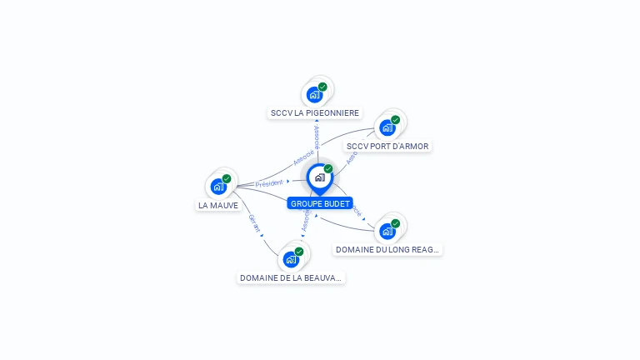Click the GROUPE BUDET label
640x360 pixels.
[x=320, y=203]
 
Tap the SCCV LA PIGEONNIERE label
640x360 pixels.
[x=315, y=112]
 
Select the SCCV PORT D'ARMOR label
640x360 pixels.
[x=387, y=147]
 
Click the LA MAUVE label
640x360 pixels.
[x=218, y=205]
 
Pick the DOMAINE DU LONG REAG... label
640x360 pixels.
[x=387, y=249]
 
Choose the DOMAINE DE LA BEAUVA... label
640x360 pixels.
[x=291, y=277]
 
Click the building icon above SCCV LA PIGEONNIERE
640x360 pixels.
[x=314, y=94]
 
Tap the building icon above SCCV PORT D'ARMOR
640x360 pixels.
[x=387, y=127]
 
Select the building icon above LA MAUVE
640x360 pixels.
[x=218, y=186]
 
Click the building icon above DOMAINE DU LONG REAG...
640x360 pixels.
[x=387, y=231]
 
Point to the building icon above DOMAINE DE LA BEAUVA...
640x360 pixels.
[x=291, y=259]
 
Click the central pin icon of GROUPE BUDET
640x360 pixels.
[x=319, y=177]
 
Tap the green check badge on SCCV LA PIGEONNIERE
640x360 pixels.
[x=322, y=87]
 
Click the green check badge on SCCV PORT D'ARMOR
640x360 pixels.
[x=395, y=120]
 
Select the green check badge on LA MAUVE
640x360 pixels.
[x=227, y=178]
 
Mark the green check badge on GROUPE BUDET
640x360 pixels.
[x=328, y=169]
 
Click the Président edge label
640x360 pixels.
[x=269, y=183]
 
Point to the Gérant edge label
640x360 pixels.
[x=254, y=223]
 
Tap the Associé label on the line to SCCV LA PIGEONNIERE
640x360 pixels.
[x=316, y=137]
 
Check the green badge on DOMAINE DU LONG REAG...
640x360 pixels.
[x=395, y=223]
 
